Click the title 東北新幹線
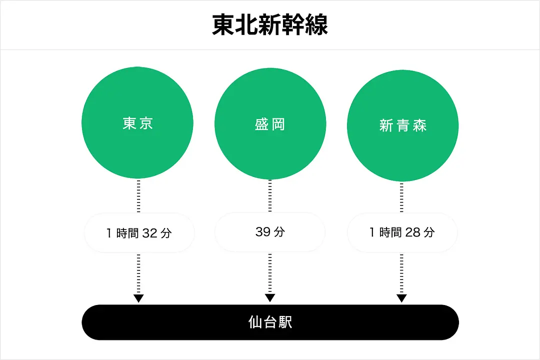tap(270, 25)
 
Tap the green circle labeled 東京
tap(137, 123)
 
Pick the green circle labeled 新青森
tap(402, 125)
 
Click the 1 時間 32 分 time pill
tap(139, 232)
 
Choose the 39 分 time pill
tap(270, 232)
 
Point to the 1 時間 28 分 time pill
tap(402, 232)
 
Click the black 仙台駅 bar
tap(270, 322)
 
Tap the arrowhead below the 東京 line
tap(138, 298)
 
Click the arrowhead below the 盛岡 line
tap(270, 298)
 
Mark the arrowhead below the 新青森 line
tap(401, 298)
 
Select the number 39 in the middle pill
tap(263, 232)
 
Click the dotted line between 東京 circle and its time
tap(138, 196)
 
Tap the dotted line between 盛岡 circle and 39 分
tap(270, 196)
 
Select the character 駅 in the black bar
tap(285, 322)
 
